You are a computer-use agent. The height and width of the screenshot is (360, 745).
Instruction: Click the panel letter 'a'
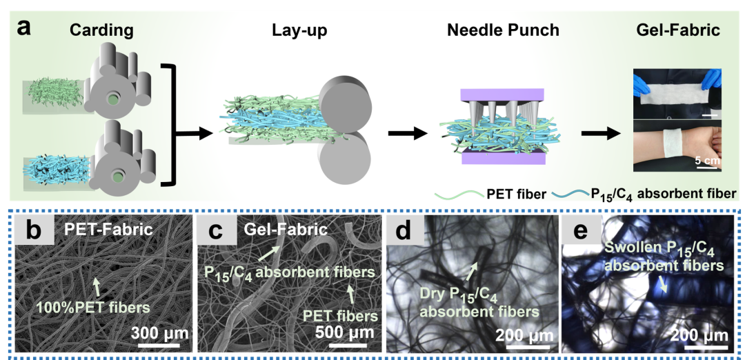[26, 28]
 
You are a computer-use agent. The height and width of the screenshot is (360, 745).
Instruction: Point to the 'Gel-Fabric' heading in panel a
[677, 30]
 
